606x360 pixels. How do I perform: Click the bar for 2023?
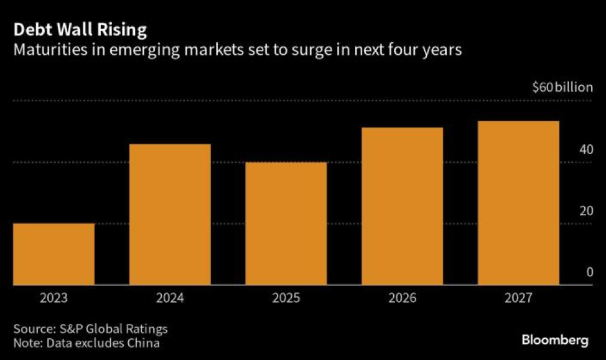click(x=54, y=254)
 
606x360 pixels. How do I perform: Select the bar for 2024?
click(x=170, y=215)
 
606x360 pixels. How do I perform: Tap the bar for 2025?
click(x=286, y=224)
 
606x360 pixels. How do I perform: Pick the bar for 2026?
click(x=403, y=206)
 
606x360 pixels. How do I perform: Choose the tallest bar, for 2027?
click(x=519, y=203)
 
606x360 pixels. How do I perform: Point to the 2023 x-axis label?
click(x=54, y=298)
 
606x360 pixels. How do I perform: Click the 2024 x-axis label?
click(x=170, y=298)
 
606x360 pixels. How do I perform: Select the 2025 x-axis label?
click(x=286, y=298)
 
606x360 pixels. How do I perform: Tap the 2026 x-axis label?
click(x=403, y=298)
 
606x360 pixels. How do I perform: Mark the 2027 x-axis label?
click(x=519, y=298)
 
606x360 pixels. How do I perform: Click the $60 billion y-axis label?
click(x=562, y=88)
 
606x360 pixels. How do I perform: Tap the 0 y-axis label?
click(x=588, y=272)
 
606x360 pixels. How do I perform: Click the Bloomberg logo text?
click(x=554, y=340)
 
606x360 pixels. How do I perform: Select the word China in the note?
click(x=146, y=342)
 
